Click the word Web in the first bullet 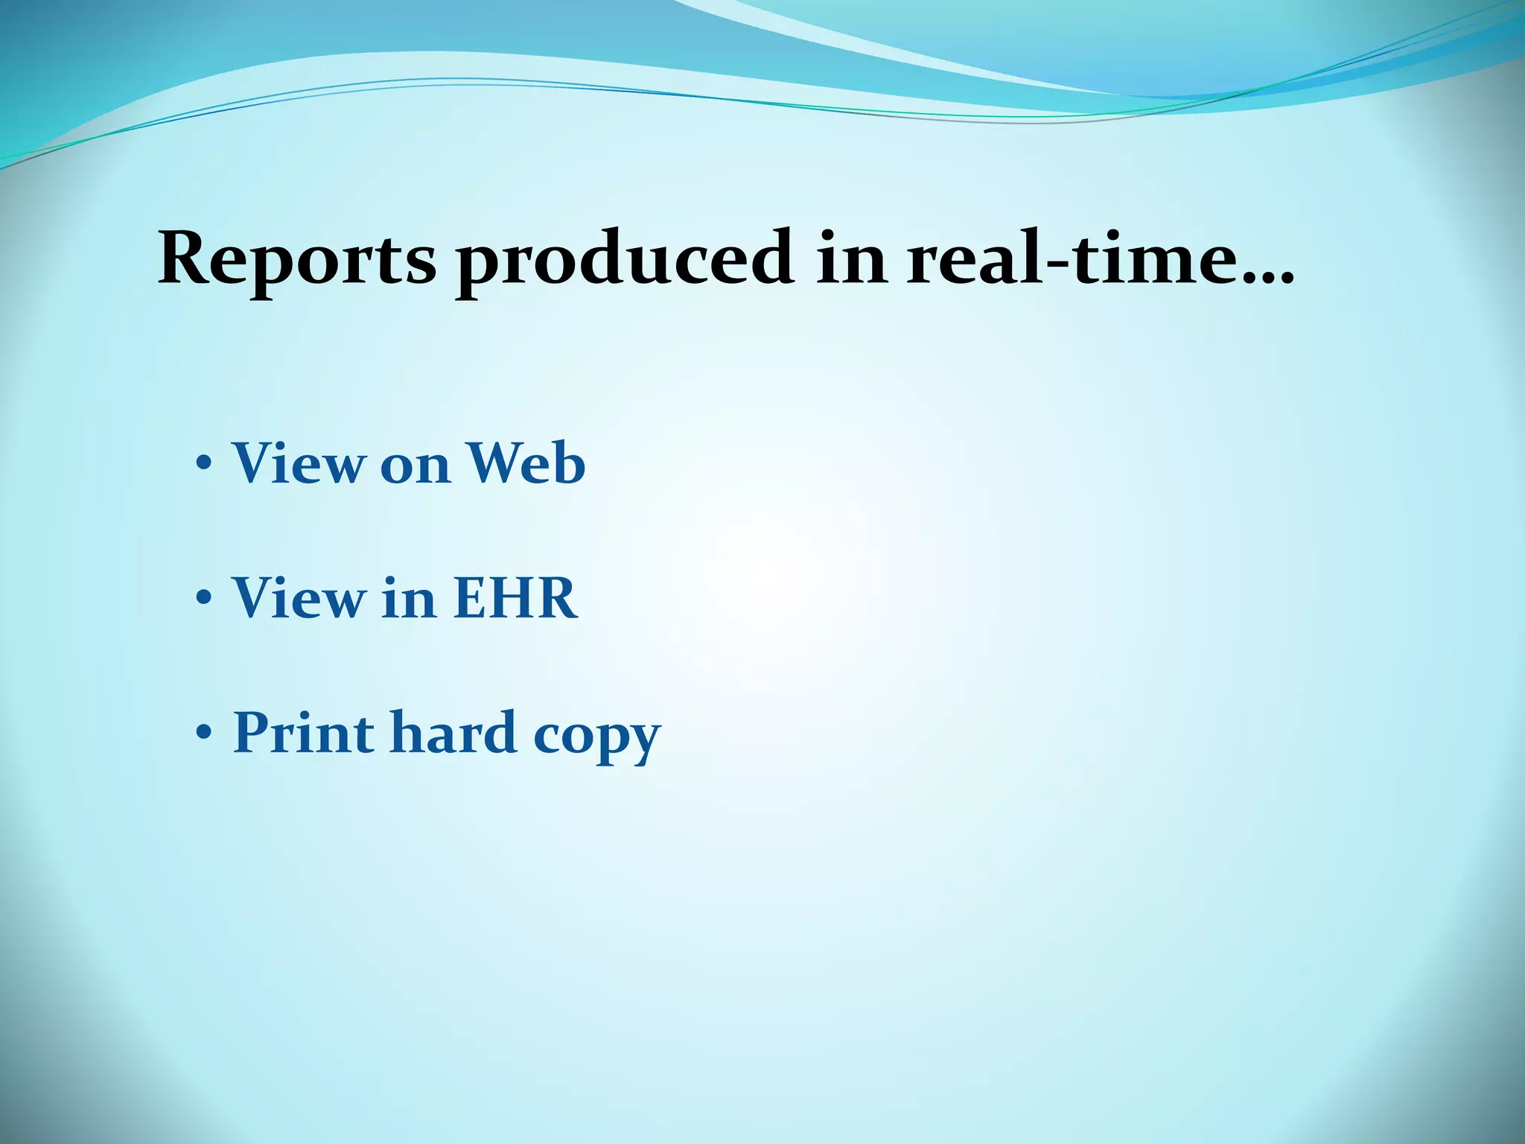[x=526, y=463]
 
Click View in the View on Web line [x=297, y=463]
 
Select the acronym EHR [x=515, y=597]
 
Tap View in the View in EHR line [x=297, y=597]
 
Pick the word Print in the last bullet [x=303, y=733]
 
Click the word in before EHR [x=408, y=597]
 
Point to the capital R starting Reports [x=182, y=258]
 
